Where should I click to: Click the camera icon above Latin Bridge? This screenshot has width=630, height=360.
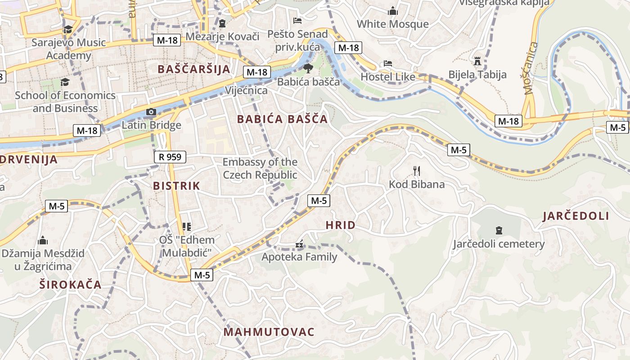coord(151,112)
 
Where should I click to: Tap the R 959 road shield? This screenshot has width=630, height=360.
coord(170,157)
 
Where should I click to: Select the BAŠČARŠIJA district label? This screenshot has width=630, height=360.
coord(194,69)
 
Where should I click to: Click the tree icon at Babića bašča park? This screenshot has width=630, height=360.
coord(308,68)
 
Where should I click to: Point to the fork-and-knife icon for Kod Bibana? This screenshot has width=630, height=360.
coord(417,171)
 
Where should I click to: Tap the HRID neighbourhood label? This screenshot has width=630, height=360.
coord(340,225)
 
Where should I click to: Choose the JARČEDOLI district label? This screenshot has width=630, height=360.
coord(576,216)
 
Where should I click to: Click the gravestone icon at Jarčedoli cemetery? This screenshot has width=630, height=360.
coord(499,230)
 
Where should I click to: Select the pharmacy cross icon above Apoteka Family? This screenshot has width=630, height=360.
coord(299,245)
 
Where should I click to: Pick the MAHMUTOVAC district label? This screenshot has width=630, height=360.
coord(269,332)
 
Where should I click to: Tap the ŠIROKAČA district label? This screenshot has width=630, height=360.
coord(70,284)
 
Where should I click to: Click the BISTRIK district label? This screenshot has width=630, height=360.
coord(176,186)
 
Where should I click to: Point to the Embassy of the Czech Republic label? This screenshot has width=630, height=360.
coord(260,168)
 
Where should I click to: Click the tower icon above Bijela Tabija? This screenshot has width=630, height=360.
coord(477,61)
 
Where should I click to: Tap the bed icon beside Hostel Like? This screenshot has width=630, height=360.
coord(388,63)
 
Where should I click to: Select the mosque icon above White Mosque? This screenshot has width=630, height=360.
coord(393,10)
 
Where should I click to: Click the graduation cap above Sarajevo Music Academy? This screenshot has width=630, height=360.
coord(68,30)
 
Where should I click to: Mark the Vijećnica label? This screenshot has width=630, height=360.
coord(246,90)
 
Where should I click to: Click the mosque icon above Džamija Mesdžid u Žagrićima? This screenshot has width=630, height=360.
coord(43,240)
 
